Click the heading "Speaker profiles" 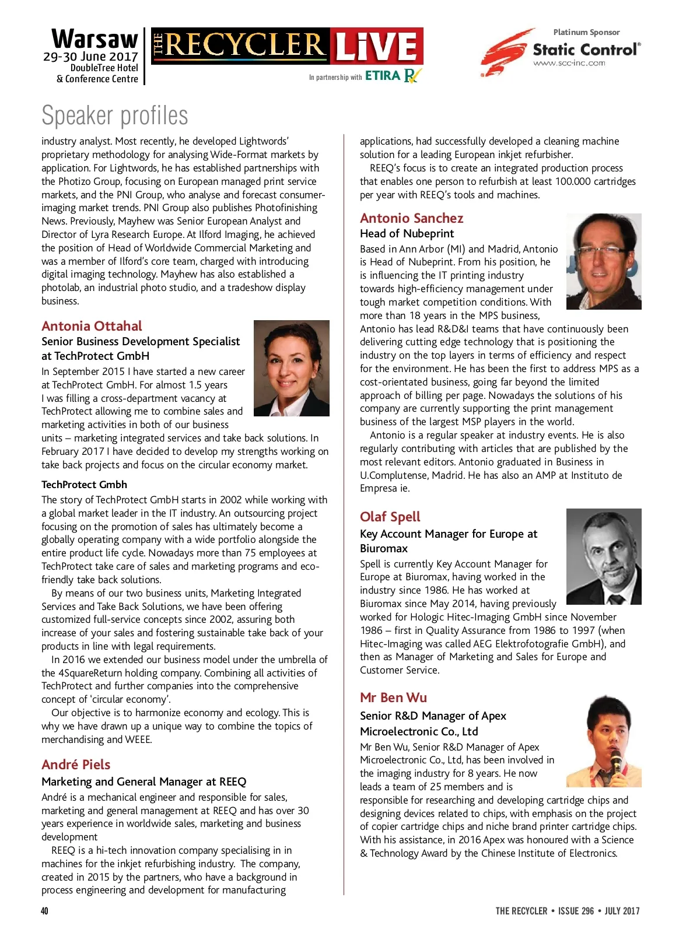(115, 115)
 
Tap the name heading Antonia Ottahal (92, 326)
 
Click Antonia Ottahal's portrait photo (291, 368)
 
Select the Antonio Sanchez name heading (411, 218)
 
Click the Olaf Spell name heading (390, 517)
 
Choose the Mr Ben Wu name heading (393, 697)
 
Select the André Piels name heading (76, 765)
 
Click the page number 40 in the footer (45, 911)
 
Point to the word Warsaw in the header (95, 40)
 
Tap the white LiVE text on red (376, 47)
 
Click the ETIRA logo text (383, 76)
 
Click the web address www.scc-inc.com (569, 64)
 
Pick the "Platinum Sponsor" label (586, 32)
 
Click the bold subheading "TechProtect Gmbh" (84, 485)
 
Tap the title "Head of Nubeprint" (407, 234)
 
